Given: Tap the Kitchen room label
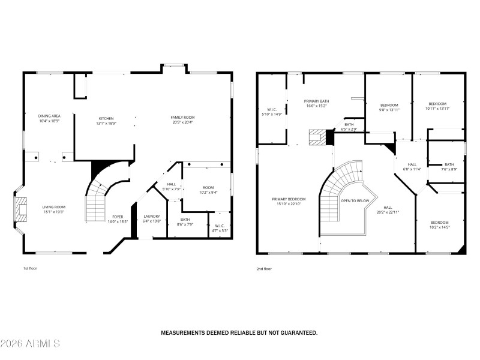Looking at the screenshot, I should coord(106,118).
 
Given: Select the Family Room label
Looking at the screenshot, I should coord(183,117).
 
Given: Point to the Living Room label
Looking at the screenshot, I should coord(53,207).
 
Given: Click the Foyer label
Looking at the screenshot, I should coord(117,217).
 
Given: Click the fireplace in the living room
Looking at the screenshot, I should coord(22,209).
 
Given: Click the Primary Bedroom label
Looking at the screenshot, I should coord(289,199).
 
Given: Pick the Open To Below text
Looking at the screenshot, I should coord(355,200).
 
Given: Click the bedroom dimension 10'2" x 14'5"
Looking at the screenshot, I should coord(439,227).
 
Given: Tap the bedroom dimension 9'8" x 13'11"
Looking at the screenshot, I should coord(389,110).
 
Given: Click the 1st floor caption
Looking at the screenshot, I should coord(30,269).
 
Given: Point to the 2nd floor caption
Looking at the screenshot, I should coord(264,269).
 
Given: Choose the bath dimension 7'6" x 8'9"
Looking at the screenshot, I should coord(449,170).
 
